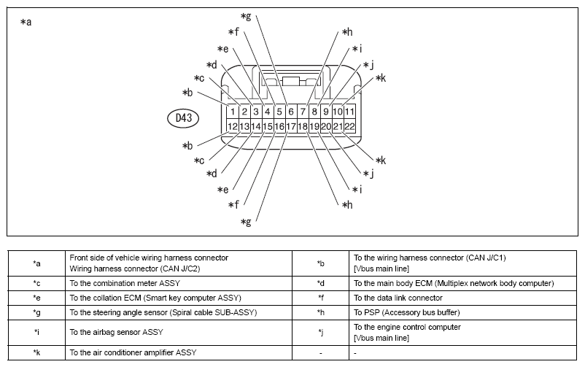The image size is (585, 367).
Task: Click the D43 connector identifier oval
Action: pos(183,118)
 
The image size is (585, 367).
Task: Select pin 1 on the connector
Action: pos(233,112)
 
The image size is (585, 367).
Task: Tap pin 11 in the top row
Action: pos(349,112)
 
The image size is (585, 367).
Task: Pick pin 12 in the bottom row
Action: pos(233,126)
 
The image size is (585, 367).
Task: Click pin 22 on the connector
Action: pos(349,126)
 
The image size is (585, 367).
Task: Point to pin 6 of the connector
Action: pos(291,112)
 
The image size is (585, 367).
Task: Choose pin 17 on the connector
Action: pos(291,126)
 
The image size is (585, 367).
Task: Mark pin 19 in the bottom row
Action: pos(314,126)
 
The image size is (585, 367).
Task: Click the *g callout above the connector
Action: pos(246,17)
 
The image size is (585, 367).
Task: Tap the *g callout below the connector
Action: pos(246,223)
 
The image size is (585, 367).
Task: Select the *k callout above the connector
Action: pos(381,78)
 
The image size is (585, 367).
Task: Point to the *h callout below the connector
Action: pos(347,204)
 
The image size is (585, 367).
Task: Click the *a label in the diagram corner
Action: pos(26,22)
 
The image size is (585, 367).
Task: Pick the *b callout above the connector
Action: pos(187,93)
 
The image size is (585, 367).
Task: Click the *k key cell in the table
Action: pos(36,353)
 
